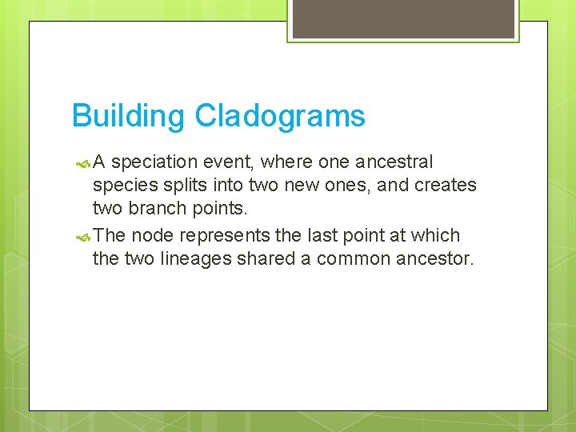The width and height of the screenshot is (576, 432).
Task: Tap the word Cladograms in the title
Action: click(x=280, y=117)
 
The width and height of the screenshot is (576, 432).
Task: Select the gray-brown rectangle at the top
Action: click(x=403, y=18)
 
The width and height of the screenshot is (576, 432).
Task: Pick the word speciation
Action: click(x=154, y=163)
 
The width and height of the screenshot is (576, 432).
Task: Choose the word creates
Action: click(x=447, y=186)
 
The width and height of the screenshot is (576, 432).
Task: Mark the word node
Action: click(x=153, y=236)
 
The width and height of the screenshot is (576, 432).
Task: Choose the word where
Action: click(x=287, y=162)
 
